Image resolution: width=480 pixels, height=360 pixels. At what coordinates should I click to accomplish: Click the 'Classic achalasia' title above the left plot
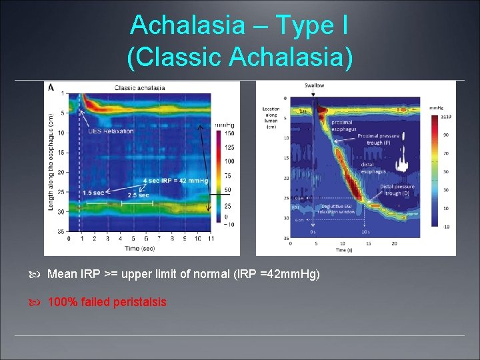(140, 87)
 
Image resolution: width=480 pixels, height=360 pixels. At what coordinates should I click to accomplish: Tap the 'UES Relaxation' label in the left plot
(111, 131)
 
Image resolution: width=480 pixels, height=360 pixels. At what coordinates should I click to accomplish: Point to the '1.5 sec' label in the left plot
(93, 193)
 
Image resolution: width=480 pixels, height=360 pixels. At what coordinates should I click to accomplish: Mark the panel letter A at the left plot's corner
(51, 87)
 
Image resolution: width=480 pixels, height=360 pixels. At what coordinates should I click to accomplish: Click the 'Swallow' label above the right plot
(315, 86)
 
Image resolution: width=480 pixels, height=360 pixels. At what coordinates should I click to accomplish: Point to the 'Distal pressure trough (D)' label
(397, 190)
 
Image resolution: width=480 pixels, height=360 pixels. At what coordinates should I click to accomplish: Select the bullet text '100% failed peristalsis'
(107, 302)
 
